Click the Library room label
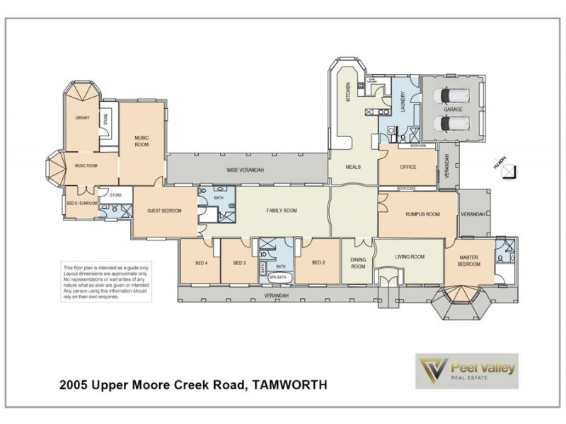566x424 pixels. point(83,118)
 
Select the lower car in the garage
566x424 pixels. point(452,123)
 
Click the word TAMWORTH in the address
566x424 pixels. point(289,386)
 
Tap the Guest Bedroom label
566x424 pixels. point(164,211)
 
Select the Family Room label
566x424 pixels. point(281,211)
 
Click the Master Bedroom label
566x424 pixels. point(469,260)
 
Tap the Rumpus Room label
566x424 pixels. point(422,214)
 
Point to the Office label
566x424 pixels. point(408,167)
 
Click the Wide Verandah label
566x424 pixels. point(246,170)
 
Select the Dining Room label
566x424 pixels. point(358,263)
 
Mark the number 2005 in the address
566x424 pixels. point(76,386)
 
